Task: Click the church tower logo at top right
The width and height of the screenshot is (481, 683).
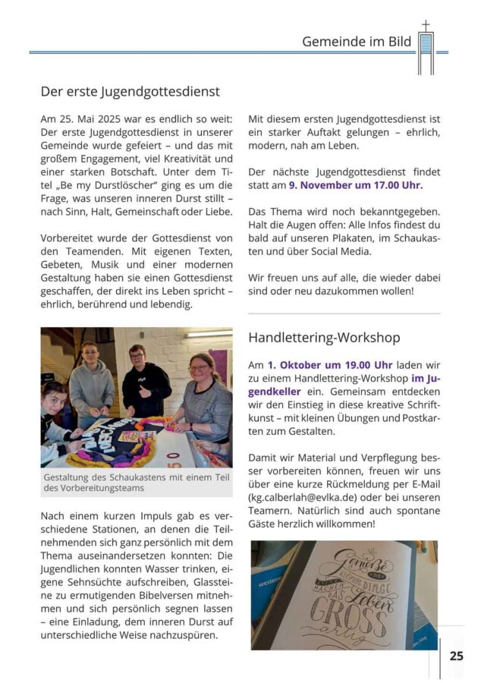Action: pos(426,49)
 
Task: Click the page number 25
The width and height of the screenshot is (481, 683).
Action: pos(456,656)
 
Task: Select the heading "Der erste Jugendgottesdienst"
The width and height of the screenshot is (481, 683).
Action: pos(130,92)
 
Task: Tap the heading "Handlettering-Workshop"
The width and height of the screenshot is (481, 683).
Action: pos(324,337)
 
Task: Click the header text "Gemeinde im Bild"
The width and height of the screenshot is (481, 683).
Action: pos(357,42)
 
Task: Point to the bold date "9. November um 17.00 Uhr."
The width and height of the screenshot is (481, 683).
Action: pos(362,184)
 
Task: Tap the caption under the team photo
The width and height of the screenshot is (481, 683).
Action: pos(125,481)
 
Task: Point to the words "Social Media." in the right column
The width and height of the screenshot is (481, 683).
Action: pos(339,250)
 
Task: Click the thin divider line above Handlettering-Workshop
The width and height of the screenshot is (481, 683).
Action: pos(344,313)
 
